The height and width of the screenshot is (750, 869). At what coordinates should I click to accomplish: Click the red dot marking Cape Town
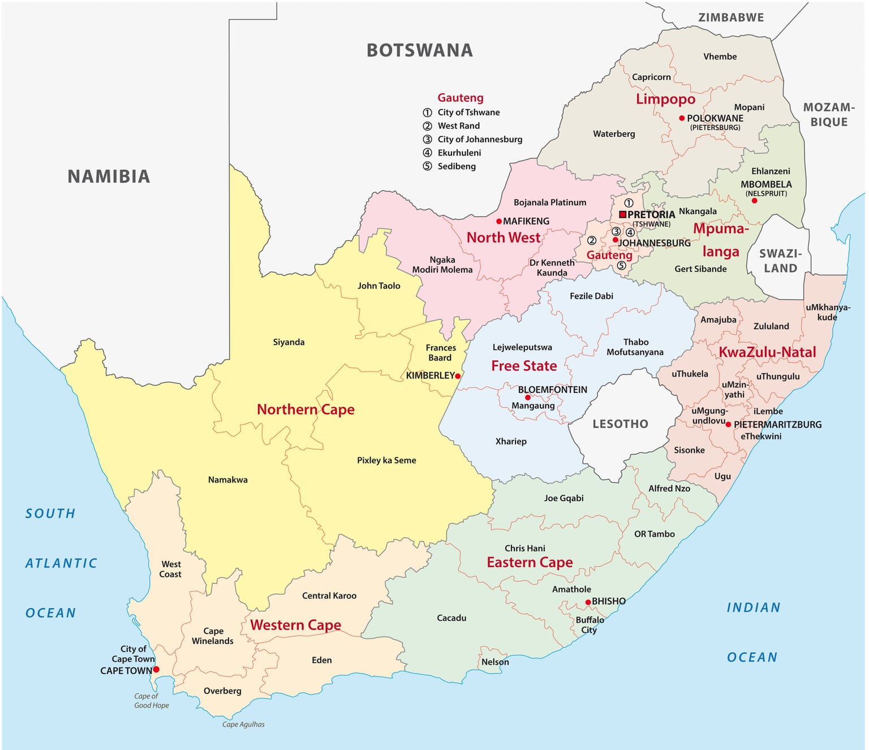tap(156, 669)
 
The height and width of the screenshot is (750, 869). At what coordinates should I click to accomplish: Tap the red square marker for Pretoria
tap(622, 214)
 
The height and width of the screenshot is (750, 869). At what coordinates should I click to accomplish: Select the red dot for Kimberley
tap(458, 376)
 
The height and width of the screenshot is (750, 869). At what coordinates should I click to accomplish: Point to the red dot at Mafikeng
tap(499, 221)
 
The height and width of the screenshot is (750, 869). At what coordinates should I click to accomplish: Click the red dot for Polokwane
tap(682, 118)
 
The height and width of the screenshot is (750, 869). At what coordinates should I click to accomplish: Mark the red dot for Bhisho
tap(588, 602)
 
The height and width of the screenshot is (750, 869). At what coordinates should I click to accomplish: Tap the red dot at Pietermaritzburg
tap(729, 424)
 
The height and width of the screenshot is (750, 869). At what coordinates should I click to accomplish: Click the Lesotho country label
tap(620, 424)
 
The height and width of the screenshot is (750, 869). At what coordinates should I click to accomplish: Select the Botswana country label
tap(419, 50)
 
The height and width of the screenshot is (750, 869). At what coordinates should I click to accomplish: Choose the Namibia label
tap(109, 176)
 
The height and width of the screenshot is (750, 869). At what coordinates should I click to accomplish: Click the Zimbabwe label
tap(731, 18)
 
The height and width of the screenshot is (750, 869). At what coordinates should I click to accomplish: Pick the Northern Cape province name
tap(306, 410)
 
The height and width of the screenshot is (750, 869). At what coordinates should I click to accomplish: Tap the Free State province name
tap(524, 366)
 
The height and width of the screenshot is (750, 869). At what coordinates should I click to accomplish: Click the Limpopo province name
tap(665, 99)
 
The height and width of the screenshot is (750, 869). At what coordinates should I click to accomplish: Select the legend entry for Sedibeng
tap(456, 166)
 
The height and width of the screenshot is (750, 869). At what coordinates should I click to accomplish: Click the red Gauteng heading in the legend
tap(460, 98)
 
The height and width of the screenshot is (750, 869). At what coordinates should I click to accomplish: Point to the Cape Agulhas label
tap(243, 724)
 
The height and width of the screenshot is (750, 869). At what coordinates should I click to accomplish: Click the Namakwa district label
tap(227, 480)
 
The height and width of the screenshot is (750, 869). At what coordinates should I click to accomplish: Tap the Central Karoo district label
tap(329, 596)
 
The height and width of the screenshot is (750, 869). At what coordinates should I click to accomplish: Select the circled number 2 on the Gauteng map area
tap(591, 240)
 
